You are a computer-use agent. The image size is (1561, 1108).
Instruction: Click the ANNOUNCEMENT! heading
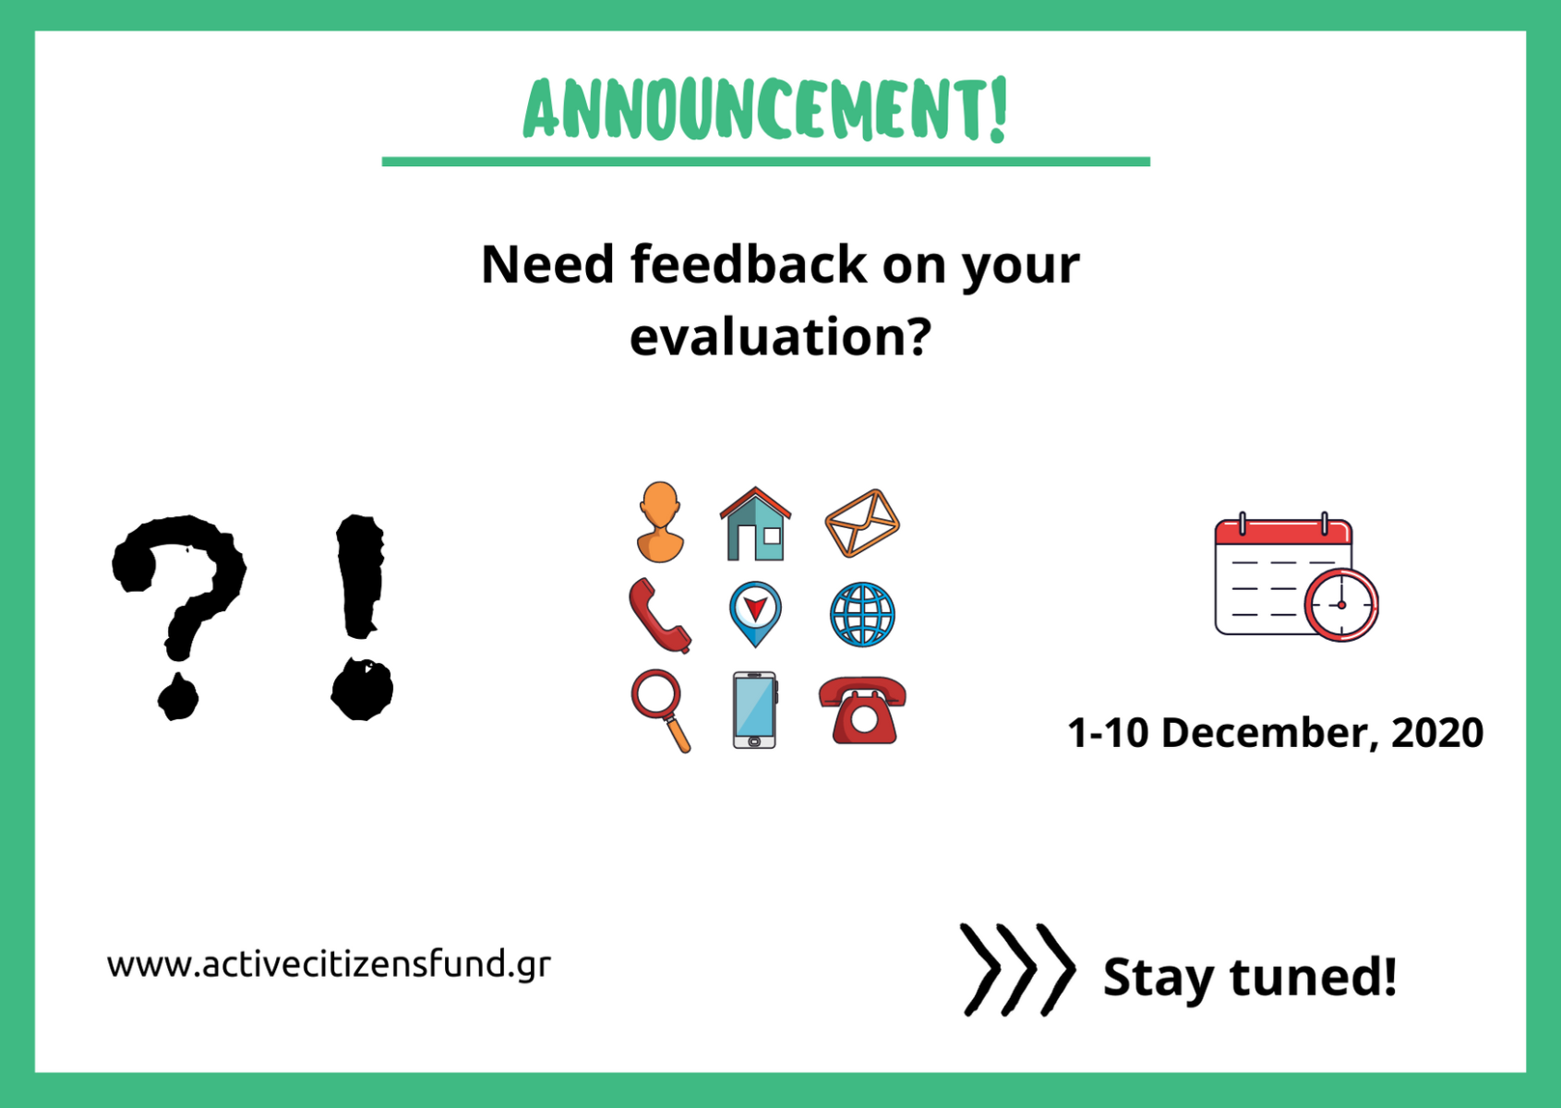point(765,109)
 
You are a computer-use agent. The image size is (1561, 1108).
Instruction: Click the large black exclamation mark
point(361,618)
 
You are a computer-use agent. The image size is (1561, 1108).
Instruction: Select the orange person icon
point(660,522)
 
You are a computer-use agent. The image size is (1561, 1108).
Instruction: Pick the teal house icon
point(755,524)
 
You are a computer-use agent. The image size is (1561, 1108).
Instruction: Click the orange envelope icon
point(862,523)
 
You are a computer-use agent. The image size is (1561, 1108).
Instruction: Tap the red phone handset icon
point(659,616)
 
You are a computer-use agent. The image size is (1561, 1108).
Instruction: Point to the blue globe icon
point(862,615)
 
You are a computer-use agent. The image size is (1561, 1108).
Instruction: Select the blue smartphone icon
point(755,710)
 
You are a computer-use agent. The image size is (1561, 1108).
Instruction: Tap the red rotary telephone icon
point(863,710)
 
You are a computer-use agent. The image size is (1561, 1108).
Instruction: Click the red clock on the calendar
point(1341,605)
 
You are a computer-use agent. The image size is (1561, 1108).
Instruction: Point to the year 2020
point(1437,733)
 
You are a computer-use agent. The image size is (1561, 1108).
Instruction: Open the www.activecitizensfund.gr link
point(329,965)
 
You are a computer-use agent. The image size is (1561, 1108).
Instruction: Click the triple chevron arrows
point(1017,970)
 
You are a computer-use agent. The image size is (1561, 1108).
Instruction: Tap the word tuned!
point(1313,977)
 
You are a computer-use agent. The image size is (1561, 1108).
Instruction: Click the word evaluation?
point(781,337)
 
